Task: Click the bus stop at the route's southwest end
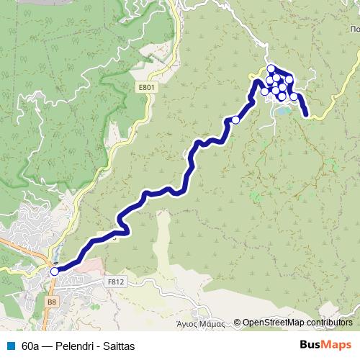54,271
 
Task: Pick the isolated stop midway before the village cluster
235,120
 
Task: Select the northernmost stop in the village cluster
271,69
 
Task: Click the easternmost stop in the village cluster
294,96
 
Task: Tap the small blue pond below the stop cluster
284,112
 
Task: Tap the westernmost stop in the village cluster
264,91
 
